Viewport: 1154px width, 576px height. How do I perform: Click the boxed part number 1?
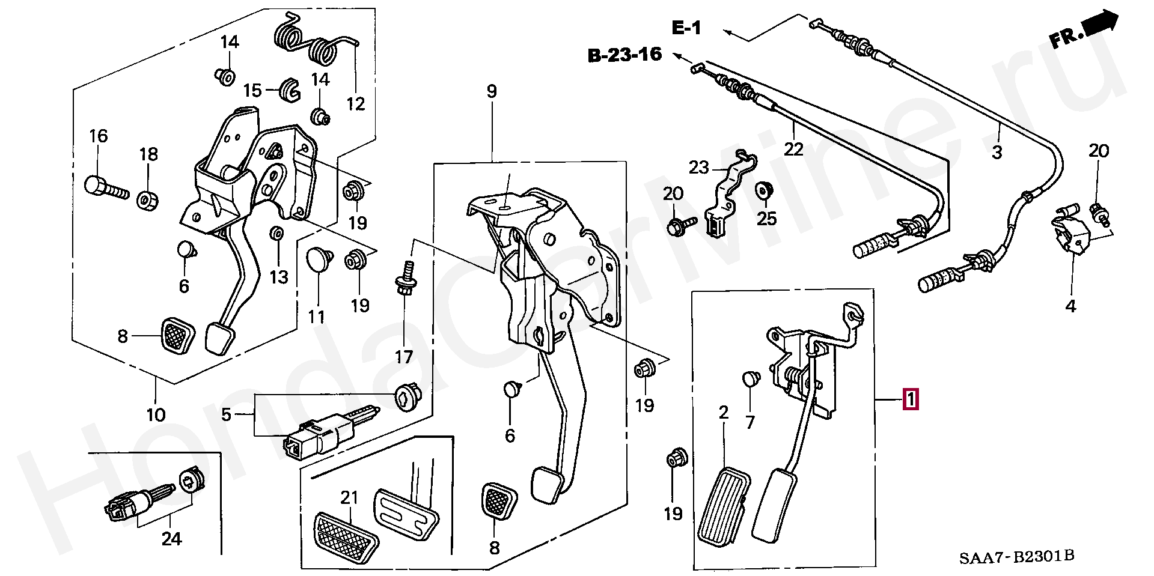(x=911, y=399)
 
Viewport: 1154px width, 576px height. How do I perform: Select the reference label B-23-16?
(x=624, y=56)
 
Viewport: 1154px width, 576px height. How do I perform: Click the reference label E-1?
(x=686, y=28)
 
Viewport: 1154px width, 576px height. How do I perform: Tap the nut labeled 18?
(x=147, y=199)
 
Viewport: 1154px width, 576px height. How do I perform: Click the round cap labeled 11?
(x=318, y=259)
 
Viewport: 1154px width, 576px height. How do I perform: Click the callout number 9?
(x=492, y=92)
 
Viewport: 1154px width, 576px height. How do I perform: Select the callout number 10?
(x=155, y=414)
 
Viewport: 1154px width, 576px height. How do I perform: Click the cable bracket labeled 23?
(x=729, y=192)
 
